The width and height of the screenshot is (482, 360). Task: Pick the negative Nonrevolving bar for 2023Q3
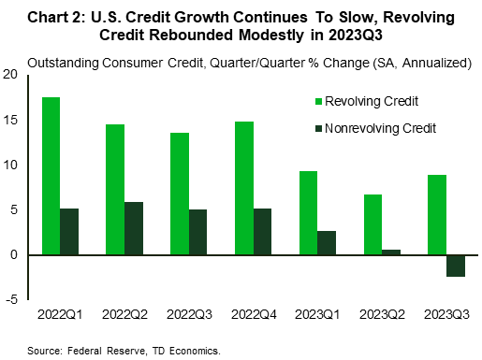pyautogui.click(x=456, y=266)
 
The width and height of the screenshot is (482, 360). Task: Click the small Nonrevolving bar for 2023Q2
pyautogui.click(x=392, y=252)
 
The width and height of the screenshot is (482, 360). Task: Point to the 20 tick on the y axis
pyautogui.click(x=11, y=75)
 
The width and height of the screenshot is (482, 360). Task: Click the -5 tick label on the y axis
pyautogui.click(x=11, y=299)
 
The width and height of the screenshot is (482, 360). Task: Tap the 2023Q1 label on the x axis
pyautogui.click(x=316, y=315)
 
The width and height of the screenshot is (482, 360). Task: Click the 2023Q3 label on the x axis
pyautogui.click(x=444, y=315)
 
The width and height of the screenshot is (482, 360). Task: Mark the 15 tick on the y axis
pyautogui.click(x=11, y=120)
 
